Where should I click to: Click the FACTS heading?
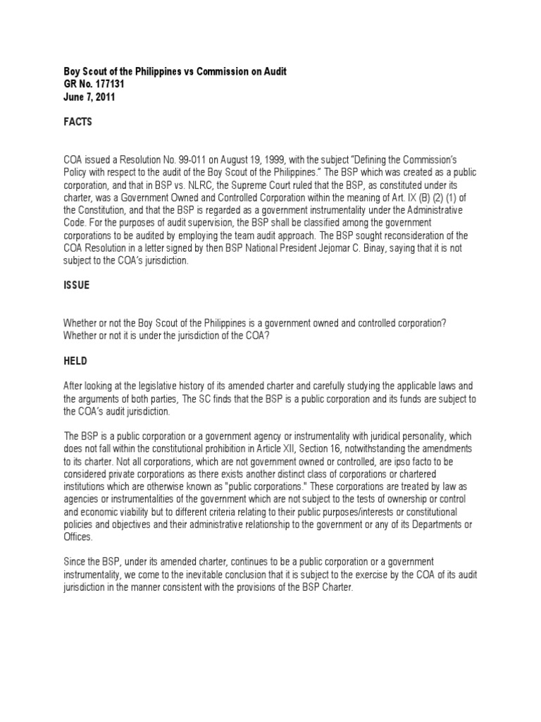(x=77, y=122)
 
